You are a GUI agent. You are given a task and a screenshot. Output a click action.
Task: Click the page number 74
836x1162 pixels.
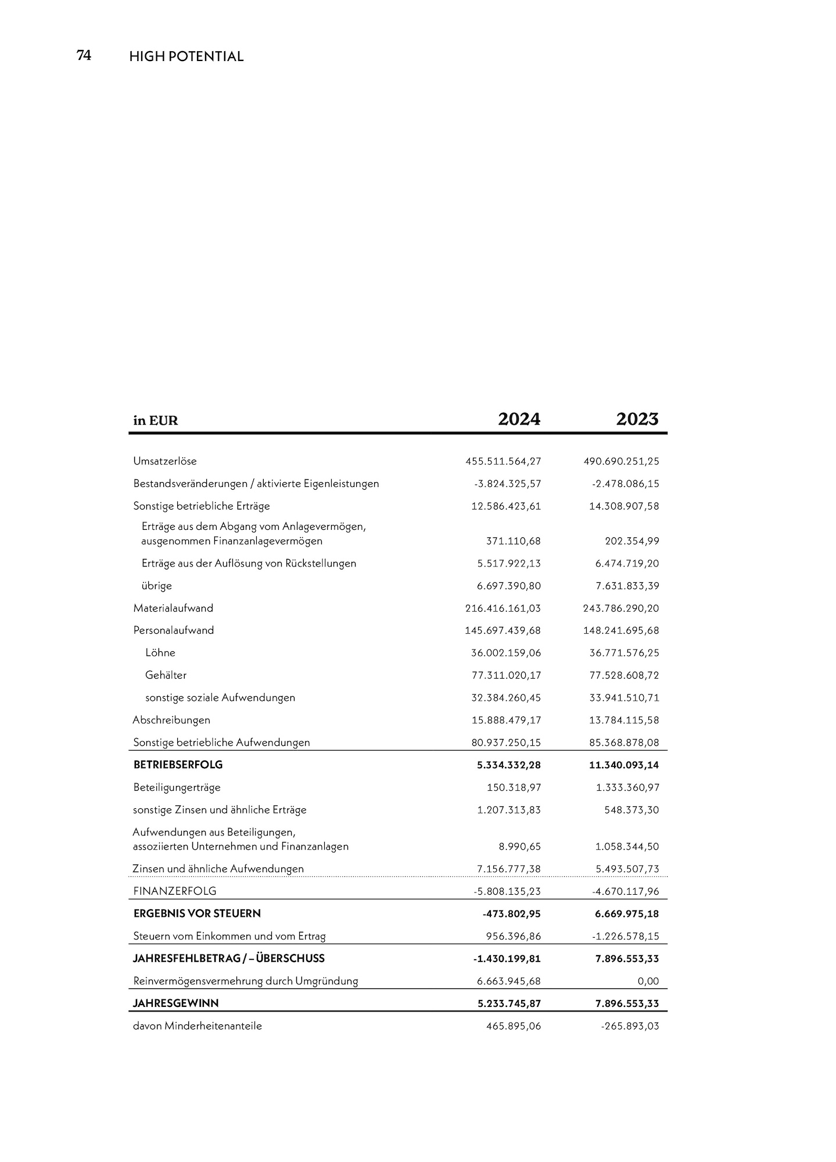pos(84,56)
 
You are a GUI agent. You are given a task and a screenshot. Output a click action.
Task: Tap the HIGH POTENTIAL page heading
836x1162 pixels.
pos(186,57)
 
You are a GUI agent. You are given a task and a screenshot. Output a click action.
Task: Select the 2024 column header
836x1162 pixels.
pos(519,419)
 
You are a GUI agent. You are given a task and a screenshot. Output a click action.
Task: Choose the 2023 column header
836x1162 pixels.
pos(637,419)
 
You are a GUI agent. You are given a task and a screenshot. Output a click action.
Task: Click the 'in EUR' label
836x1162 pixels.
pos(156,421)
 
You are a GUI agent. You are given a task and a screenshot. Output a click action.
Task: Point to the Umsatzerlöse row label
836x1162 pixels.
pos(165,461)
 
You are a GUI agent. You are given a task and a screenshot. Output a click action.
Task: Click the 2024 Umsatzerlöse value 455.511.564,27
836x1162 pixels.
pos(503,461)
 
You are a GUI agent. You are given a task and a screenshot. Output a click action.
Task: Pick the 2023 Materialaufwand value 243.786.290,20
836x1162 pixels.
pos(621,608)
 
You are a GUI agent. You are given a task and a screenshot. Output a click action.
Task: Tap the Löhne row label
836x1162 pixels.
pos(160,653)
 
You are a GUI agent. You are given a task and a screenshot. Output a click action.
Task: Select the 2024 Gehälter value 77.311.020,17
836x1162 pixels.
pos(506,675)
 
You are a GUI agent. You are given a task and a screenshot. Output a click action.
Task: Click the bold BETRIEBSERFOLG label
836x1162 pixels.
pos(178,765)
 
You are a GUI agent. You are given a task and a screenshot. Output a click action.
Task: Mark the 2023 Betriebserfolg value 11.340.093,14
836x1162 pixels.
pos(624,765)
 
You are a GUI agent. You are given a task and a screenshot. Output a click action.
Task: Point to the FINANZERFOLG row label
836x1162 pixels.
pos(175,891)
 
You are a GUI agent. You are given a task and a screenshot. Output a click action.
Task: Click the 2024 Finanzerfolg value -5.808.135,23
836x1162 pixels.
pos(507,891)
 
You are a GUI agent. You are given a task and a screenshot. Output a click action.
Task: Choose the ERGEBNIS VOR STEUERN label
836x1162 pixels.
pos(197,913)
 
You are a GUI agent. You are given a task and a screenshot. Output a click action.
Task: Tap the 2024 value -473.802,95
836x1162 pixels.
pos(511,914)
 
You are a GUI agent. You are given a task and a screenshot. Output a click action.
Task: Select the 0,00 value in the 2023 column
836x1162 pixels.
pos(648,981)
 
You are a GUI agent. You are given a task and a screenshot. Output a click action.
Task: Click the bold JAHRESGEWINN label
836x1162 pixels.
pos(176,1003)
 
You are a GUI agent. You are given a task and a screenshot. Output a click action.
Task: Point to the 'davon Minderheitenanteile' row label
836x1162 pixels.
pos(198,1026)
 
